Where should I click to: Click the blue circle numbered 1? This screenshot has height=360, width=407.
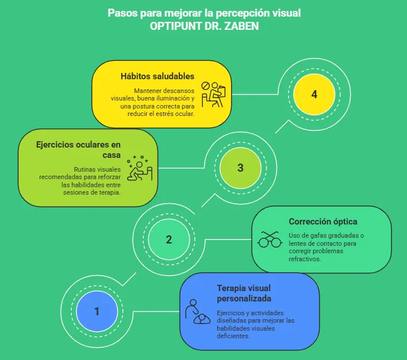coord(97,312)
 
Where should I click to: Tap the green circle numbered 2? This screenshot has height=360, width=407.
coord(169,240)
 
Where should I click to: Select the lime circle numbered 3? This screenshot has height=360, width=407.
coord(240,168)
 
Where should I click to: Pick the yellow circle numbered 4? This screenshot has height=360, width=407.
coord(313,95)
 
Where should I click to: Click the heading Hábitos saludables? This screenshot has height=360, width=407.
coord(157,76)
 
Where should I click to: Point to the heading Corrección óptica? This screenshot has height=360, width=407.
coord(323,221)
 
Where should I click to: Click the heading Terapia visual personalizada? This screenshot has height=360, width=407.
coord(244,293)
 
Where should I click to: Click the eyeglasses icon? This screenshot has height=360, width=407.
coord(269,239)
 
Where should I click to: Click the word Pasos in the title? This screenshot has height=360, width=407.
coord(122,13)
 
